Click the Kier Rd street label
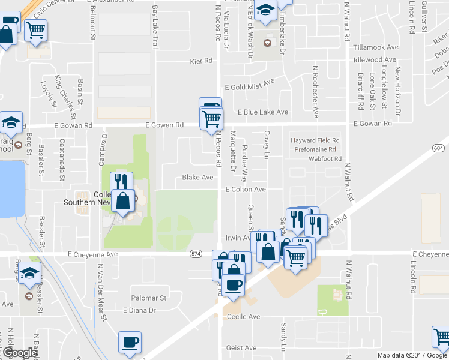tap(201, 61)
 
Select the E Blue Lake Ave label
tap(263, 112)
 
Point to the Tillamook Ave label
tap(376, 47)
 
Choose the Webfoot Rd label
tap(325, 159)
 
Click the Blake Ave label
tap(198, 178)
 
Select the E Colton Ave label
tap(246, 190)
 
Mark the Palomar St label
tap(149, 298)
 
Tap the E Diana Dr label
tap(139, 310)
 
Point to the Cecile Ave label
tap(243, 317)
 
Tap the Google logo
tap(19, 353)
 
